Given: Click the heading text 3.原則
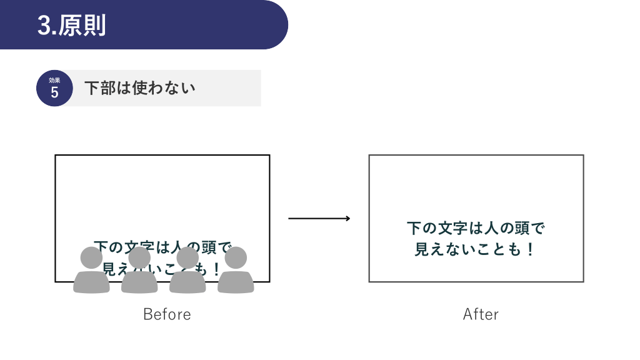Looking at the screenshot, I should [71, 26].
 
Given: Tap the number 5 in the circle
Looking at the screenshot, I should [54, 92].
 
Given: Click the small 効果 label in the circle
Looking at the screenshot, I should [54, 80].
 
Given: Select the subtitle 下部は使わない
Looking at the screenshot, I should [139, 88].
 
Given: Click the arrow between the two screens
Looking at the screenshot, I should [319, 218].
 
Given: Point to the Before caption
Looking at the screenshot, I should [167, 314].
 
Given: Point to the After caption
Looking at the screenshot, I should [481, 314].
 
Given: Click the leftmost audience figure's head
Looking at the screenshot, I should [91, 257].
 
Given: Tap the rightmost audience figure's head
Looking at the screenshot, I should [236, 257].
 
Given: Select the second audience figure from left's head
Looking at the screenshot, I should [139, 257].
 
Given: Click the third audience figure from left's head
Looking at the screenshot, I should [187, 257].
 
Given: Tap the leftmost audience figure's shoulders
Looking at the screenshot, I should [91, 282].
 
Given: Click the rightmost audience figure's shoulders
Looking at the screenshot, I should [236, 282].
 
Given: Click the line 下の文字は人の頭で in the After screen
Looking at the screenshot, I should [476, 228].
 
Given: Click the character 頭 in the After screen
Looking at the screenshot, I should [522, 228].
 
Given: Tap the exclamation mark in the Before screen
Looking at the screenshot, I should [216, 270].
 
